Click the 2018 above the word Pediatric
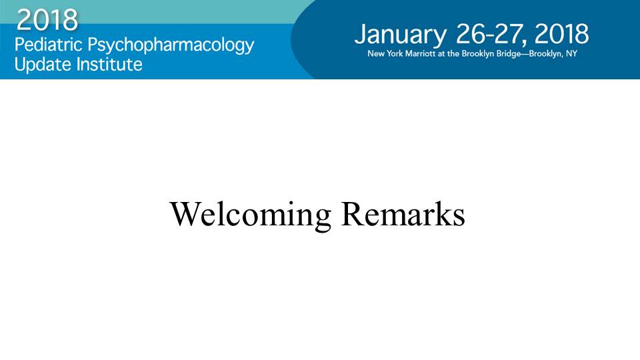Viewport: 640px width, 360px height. click(x=47, y=19)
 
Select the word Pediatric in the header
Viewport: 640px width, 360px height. click(x=49, y=44)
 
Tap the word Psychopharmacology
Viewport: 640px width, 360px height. click(x=171, y=46)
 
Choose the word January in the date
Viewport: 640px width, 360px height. click(x=401, y=35)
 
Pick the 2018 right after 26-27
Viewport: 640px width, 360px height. click(x=561, y=34)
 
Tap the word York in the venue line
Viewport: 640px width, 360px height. click(x=395, y=53)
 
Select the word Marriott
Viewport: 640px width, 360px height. click(x=420, y=53)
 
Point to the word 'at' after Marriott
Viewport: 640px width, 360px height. click(x=441, y=54)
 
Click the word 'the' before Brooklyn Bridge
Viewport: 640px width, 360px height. click(x=453, y=53)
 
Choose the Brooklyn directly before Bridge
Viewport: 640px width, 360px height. click(x=478, y=54)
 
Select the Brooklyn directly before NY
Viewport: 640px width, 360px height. click(x=545, y=54)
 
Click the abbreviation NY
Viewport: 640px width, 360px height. click(x=571, y=53)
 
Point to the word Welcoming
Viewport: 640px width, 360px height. click(x=250, y=215)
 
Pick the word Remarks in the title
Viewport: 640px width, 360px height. click(x=403, y=213)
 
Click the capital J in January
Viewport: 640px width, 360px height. click(x=359, y=34)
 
